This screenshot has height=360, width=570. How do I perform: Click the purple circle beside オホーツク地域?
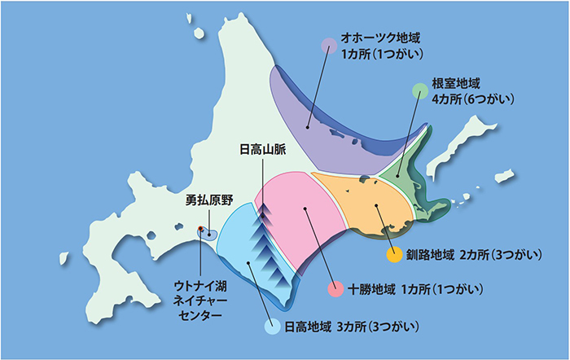pyautogui.click(x=329, y=46)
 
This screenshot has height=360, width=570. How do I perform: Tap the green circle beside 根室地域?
pyautogui.click(x=420, y=89)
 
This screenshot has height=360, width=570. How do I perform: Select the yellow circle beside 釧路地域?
pyautogui.click(x=393, y=257)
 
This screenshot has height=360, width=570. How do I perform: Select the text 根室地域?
pyautogui.click(x=457, y=83)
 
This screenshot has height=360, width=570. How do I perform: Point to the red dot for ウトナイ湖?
pyautogui.click(x=200, y=230)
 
